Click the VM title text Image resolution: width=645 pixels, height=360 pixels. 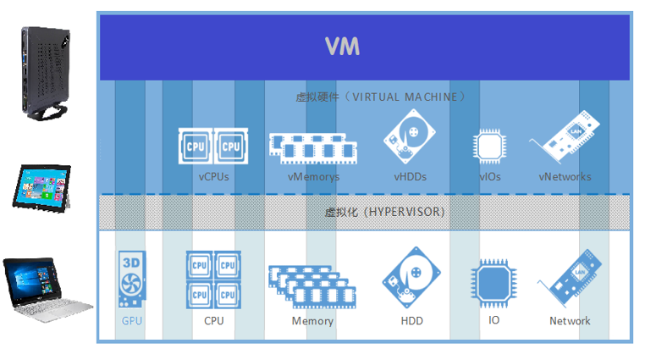pyautogui.click(x=343, y=46)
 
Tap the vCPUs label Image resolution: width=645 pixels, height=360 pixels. pyautogui.click(x=213, y=177)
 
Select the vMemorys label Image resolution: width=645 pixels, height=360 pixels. pyautogui.click(x=313, y=177)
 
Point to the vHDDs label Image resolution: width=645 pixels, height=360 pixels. pyautogui.click(x=410, y=177)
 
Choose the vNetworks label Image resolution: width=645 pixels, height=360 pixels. pyautogui.click(x=565, y=177)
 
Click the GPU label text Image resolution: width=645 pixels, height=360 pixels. pyautogui.click(x=132, y=321)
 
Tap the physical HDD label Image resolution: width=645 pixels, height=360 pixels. pyautogui.click(x=411, y=321)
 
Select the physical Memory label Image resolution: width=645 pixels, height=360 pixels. pyautogui.click(x=312, y=321)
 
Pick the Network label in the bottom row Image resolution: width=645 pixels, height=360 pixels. pyautogui.click(x=570, y=321)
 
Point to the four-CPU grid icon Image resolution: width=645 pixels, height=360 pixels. pyautogui.click(x=212, y=279)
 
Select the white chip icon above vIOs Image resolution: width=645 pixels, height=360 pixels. pyautogui.click(x=489, y=146)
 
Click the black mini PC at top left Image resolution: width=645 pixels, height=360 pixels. pyautogui.click(x=45, y=71)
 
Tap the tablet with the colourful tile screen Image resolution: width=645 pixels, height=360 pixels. pyautogui.click(x=40, y=187)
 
